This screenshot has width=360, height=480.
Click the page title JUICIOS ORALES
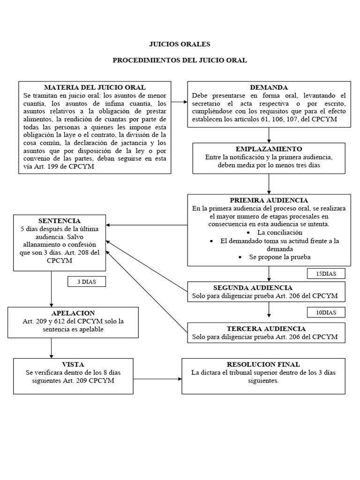coord(180,44)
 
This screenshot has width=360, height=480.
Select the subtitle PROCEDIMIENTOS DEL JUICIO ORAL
coord(180,60)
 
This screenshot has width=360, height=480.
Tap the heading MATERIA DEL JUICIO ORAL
coord(94,87)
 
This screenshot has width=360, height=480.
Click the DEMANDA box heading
coord(269,87)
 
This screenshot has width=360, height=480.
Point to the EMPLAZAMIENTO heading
coord(269,149)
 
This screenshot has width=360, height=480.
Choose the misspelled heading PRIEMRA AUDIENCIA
coord(269,200)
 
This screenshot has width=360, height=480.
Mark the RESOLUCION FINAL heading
coord(263,364)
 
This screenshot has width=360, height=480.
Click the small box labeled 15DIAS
coord(326,274)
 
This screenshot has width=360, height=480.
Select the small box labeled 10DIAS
coord(326,312)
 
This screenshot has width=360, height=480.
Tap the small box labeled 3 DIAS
coord(86,281)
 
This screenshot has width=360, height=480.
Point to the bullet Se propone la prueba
coord(281,257)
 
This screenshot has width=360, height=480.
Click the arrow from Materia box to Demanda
coord(179,101)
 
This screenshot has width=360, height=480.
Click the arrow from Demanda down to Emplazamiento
coord(269,135)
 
